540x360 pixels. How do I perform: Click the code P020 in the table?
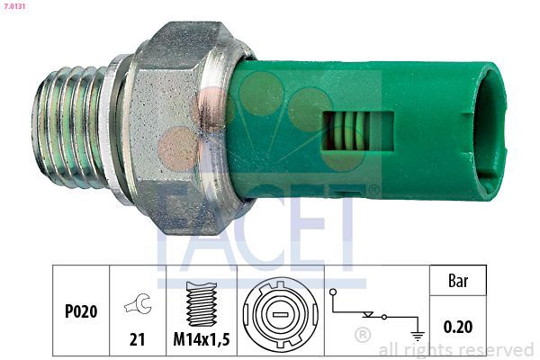(x=81, y=311)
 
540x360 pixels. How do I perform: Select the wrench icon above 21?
(x=138, y=304)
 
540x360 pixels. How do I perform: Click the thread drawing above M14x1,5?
(x=202, y=302)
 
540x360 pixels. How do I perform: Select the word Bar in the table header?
(x=458, y=281)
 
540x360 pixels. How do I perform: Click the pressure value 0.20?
(x=458, y=326)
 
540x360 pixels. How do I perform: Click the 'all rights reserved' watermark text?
(x=456, y=349)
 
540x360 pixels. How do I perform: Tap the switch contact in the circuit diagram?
(x=369, y=315)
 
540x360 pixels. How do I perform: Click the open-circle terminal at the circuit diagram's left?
(x=335, y=292)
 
